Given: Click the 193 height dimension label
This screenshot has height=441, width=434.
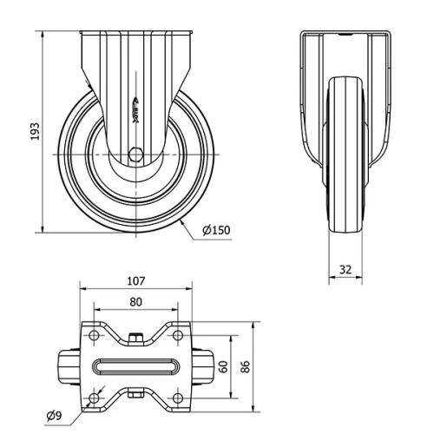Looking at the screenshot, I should click(x=34, y=131).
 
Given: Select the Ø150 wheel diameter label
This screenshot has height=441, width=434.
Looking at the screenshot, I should click(x=218, y=230).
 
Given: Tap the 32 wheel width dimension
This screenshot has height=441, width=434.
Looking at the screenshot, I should click(x=346, y=269).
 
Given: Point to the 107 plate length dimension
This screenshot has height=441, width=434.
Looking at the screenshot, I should click(x=135, y=281).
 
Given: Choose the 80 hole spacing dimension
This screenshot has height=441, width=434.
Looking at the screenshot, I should click(x=135, y=303).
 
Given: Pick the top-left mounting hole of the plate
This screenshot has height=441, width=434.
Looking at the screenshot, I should click(x=93, y=334).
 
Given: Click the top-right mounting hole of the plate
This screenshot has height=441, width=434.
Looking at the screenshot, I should click(x=177, y=334).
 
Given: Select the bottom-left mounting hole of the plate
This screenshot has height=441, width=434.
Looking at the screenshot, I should click(x=93, y=398).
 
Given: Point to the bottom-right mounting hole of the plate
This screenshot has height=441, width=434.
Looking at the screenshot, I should click(x=177, y=398).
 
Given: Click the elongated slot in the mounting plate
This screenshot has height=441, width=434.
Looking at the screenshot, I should click(x=135, y=365).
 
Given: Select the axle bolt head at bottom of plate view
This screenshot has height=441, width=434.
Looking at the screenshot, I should click(x=135, y=397).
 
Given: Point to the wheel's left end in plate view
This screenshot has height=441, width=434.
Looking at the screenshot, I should click(x=66, y=365).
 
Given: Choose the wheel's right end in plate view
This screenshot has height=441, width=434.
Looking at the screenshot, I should click(x=203, y=365).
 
